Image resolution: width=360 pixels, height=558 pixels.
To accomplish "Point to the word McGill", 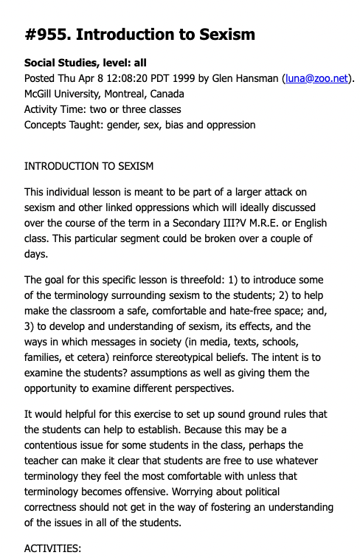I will click(41, 94).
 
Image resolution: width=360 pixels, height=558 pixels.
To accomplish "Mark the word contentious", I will click(56, 444).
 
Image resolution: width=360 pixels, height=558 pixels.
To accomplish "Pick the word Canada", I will click(167, 94).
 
